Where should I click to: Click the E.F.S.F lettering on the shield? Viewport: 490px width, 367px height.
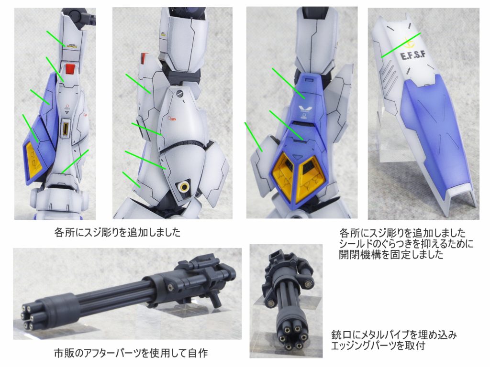click(413, 55)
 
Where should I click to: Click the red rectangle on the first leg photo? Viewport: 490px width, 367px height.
click(70, 69)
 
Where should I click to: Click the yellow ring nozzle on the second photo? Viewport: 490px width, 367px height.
click(184, 187)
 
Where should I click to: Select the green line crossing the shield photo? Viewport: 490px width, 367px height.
click(401, 45)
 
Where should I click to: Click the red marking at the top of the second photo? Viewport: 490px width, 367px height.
click(144, 58)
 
